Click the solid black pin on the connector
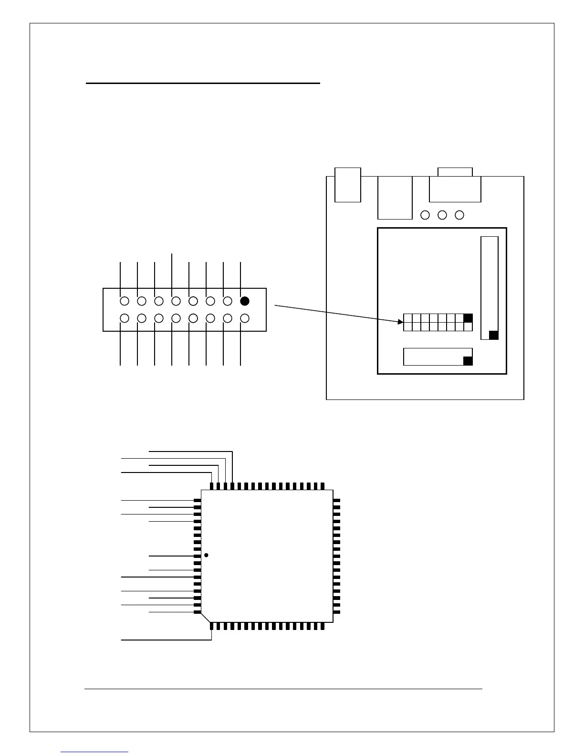pos(245,301)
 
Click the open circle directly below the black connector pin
pos(245,318)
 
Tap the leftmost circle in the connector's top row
pos(125,301)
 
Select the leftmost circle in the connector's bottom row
pos(125,318)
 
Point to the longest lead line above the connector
pos(172,270)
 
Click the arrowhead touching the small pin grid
pos(401,323)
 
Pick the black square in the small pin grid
pos(468,318)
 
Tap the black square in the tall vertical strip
pos(494,335)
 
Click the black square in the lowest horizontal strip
pos(468,361)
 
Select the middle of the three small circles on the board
pos(442,215)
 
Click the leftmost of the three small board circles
pos(425,215)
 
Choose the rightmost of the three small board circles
pos(459,215)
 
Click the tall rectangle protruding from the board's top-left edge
pos(348,185)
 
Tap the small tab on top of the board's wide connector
pos(455,172)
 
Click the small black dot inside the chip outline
pos(206,555)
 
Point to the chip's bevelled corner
pos(206,617)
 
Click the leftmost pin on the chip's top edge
pos(211,486)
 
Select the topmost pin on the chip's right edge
pos(337,501)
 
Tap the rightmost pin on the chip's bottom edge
pos(323,626)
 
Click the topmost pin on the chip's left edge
pos(197,501)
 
